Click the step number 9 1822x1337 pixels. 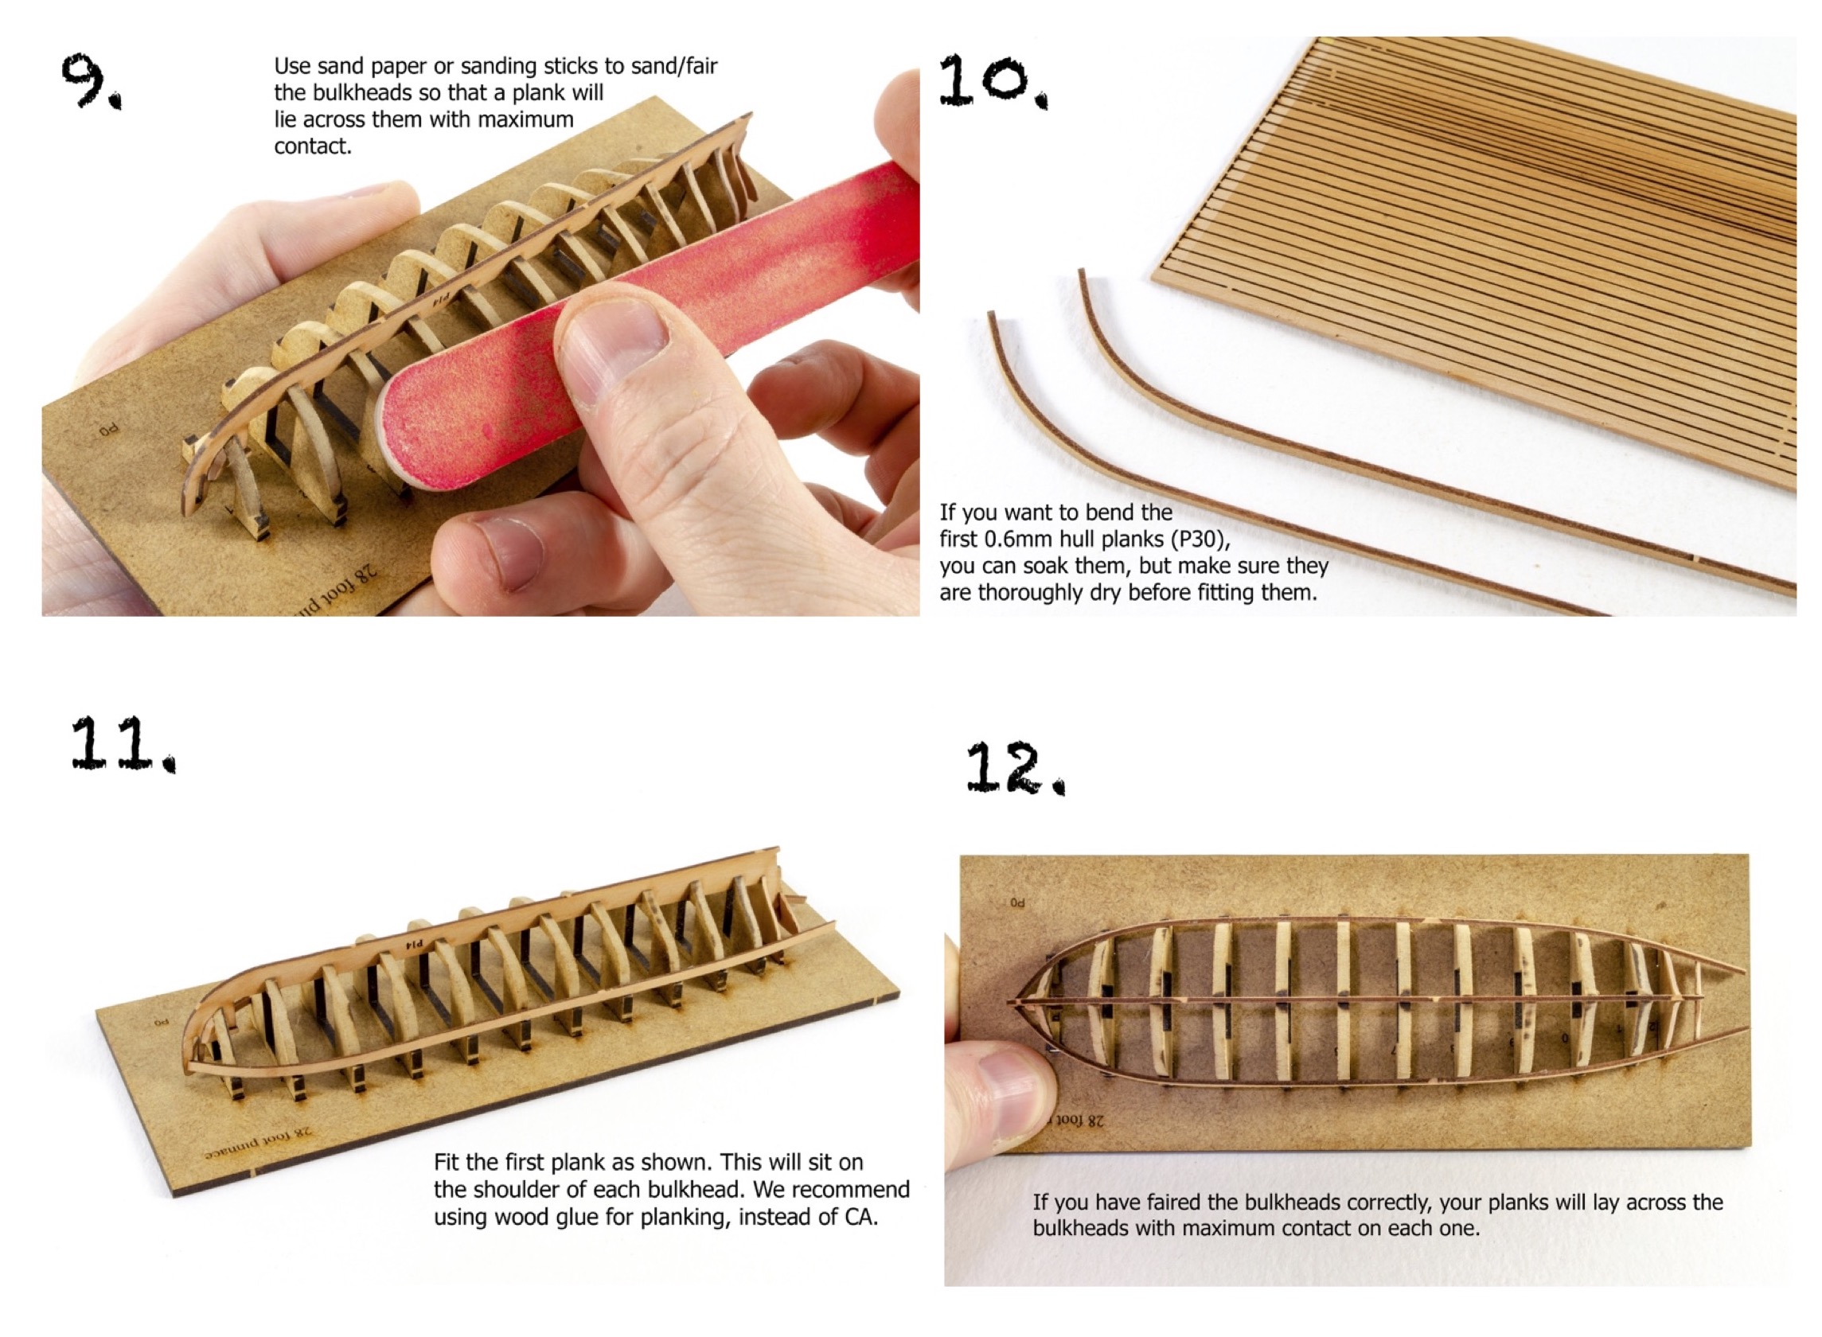pyautogui.click(x=91, y=82)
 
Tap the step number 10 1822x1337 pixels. pyautogui.click(x=993, y=80)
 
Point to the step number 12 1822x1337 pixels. pyautogui.click(x=1016, y=768)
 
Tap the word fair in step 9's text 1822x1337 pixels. pyautogui.click(x=700, y=65)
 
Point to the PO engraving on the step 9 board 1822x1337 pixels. pyautogui.click(x=107, y=430)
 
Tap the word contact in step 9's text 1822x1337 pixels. pyautogui.click(x=313, y=146)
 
